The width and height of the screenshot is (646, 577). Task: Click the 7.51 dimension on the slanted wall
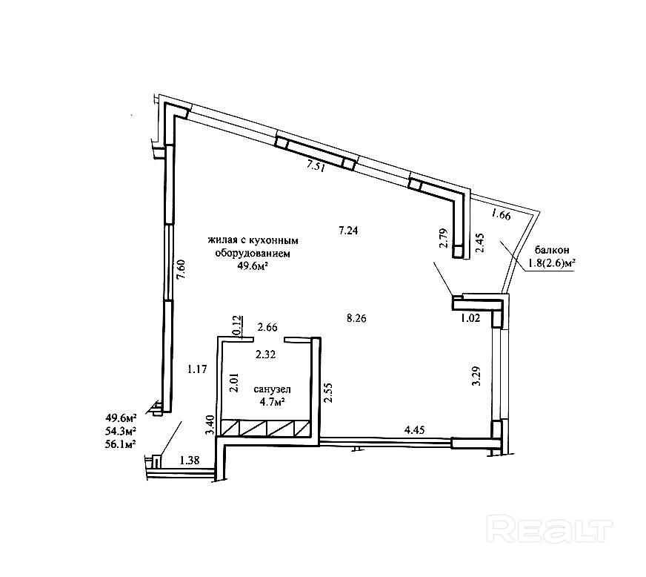(316, 166)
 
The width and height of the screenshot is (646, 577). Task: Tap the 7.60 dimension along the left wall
(181, 267)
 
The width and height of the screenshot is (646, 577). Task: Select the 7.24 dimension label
(348, 231)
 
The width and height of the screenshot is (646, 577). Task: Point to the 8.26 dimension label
(358, 318)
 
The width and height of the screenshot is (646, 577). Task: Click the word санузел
(271, 389)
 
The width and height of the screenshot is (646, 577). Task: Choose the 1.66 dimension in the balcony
(502, 216)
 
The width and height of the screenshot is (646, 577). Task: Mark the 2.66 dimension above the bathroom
(267, 326)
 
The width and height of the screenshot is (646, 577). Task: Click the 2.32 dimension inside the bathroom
(266, 355)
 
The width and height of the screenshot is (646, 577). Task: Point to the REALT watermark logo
(553, 530)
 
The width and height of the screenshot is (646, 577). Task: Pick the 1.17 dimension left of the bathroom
(196, 368)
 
